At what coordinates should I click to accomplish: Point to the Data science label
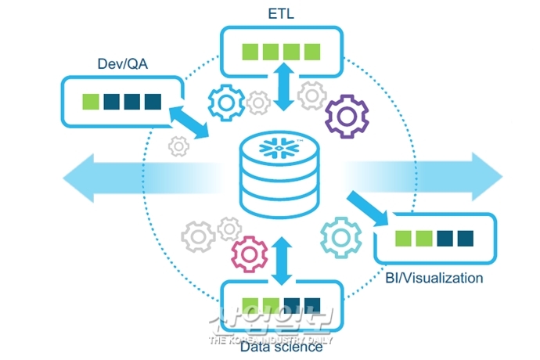281,347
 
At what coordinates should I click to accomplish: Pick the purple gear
347,115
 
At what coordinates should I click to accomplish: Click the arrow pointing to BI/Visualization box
368,207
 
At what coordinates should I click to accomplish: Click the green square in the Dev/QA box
91,102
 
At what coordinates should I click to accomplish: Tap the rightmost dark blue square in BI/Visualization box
466,238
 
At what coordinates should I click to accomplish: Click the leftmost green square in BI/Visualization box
403,238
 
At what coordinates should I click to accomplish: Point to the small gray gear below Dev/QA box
179,146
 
